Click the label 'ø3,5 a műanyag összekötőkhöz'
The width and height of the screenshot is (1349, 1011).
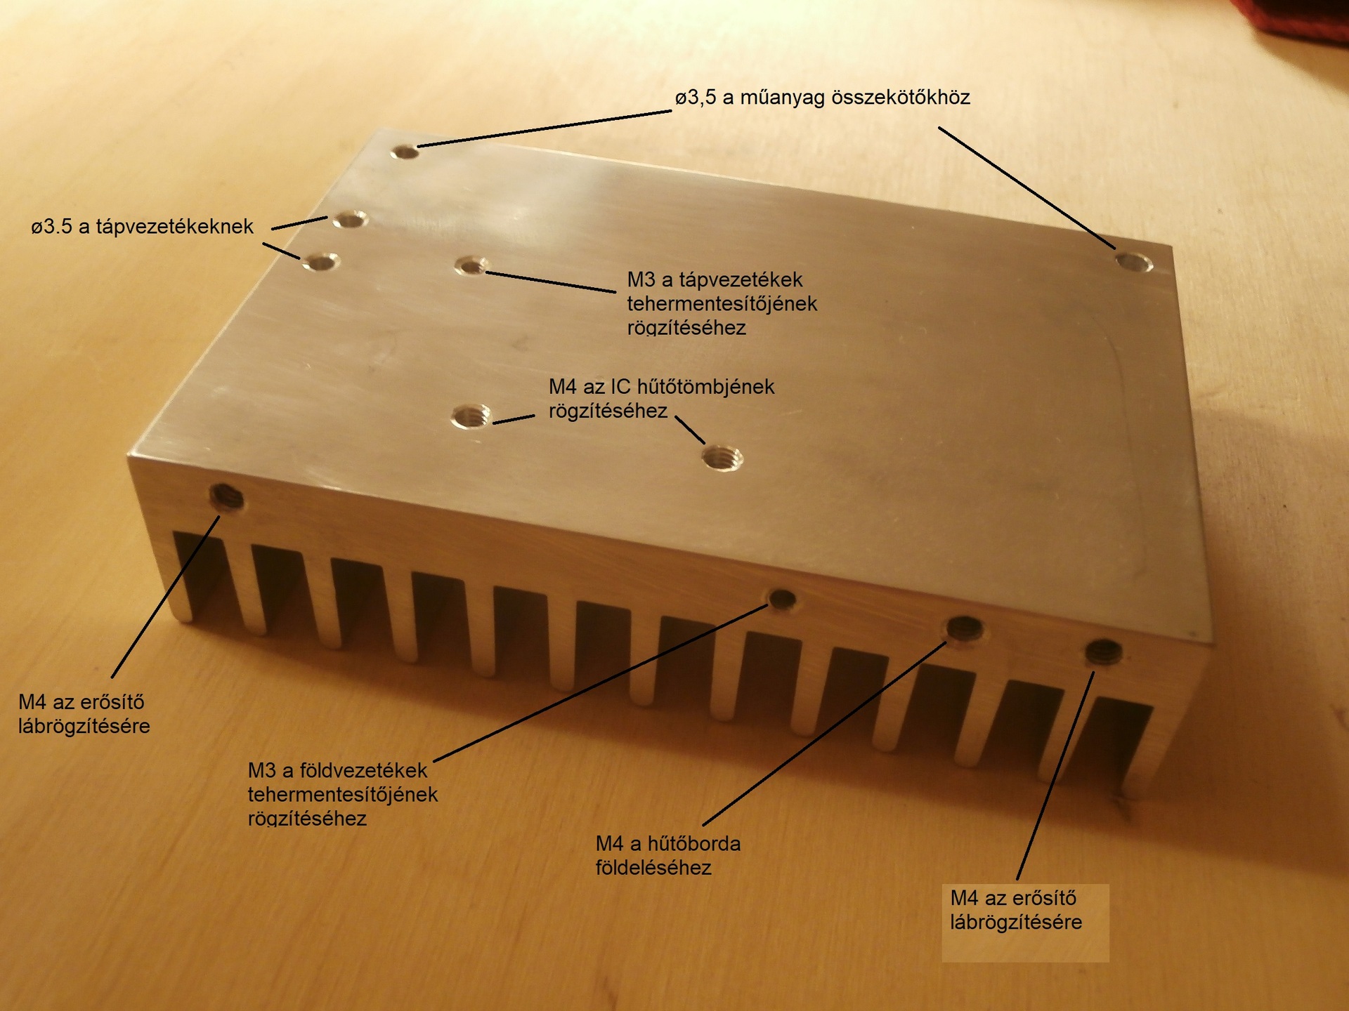tap(822, 98)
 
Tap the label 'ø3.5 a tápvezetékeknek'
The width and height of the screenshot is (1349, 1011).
tap(142, 227)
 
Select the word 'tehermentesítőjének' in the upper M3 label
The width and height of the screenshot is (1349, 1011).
tap(722, 303)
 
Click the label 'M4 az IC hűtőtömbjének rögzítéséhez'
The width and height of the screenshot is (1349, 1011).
tap(661, 398)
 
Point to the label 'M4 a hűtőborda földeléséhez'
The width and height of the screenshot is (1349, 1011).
tap(667, 855)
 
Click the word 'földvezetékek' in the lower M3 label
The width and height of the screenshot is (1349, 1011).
tap(363, 770)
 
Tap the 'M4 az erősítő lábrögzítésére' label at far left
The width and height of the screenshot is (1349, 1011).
tap(84, 713)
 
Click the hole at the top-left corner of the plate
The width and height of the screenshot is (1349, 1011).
tap(405, 151)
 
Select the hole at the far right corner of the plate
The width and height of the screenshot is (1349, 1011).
tap(1133, 263)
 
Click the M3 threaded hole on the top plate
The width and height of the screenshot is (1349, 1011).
tap(471, 265)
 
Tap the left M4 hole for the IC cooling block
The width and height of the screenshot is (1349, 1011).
tap(471, 416)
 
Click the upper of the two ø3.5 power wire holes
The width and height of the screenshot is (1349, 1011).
tap(350, 220)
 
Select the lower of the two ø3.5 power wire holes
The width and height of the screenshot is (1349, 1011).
tap(321, 263)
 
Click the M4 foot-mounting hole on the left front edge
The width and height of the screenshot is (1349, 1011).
tap(228, 498)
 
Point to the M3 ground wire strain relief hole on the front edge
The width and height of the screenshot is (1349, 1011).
tap(782, 600)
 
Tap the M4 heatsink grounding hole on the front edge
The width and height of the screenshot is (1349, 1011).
tap(965, 628)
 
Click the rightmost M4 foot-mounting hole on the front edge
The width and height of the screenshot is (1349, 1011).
tap(1103, 652)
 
